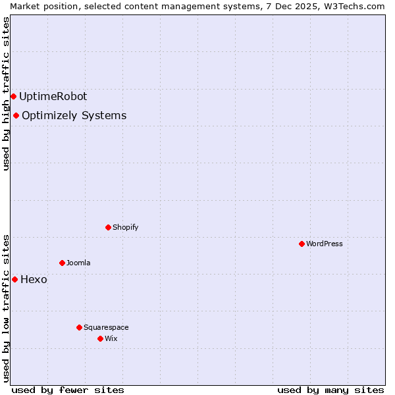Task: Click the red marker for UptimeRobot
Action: [13, 96]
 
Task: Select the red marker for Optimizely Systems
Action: [16, 116]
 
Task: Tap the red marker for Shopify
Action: [108, 227]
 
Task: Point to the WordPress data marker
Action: [302, 244]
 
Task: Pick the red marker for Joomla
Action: [62, 263]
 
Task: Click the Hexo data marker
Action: [14, 279]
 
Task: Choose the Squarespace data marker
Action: [79, 327]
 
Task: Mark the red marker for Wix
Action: [100, 338]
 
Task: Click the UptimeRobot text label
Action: [53, 96]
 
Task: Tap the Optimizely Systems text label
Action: [74, 116]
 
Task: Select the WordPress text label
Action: [324, 244]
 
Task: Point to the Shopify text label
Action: [125, 227]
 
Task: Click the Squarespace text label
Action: [106, 327]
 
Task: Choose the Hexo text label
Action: [34, 279]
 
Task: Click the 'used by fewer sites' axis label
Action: [68, 390]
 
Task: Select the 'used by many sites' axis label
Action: [330, 390]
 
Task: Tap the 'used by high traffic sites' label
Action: [6, 93]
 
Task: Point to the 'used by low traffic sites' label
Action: [6, 307]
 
